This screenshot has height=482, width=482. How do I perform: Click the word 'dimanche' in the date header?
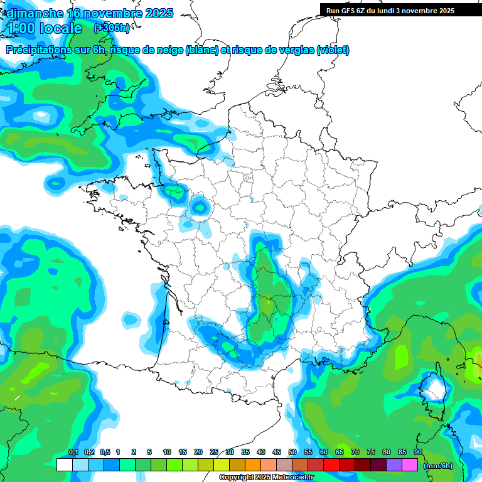point(31,13)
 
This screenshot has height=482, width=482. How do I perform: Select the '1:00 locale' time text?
point(44,28)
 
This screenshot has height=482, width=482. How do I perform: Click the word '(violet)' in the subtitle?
point(333,50)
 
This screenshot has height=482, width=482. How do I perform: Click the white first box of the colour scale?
point(64,465)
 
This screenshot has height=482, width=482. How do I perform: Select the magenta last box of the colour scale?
point(410,465)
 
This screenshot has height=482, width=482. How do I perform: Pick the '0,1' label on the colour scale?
point(73,453)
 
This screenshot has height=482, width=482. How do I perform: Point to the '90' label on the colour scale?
point(417,453)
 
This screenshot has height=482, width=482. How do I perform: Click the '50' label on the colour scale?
point(292,453)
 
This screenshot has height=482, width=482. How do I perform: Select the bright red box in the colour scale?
point(331,465)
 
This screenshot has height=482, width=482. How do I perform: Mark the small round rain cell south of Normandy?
point(200,206)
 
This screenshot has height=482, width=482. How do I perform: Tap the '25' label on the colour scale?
point(214,453)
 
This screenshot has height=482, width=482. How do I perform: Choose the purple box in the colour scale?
point(394,465)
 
